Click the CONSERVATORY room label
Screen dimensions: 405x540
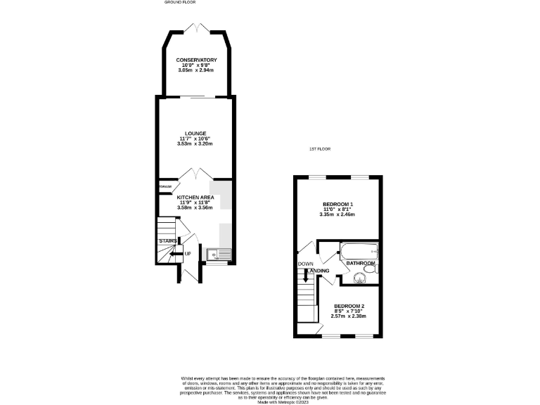tap(195, 60)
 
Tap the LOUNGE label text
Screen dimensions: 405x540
tap(195, 133)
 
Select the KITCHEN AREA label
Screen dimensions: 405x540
tap(195, 198)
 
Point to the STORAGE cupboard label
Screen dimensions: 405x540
tap(165, 187)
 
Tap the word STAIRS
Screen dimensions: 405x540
tap(168, 240)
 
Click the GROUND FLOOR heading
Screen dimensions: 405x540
tap(179, 3)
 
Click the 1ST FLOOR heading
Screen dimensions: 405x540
tap(320, 149)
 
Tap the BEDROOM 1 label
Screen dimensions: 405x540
tap(337, 204)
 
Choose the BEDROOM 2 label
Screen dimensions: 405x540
tap(348, 306)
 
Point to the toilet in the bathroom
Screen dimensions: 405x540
tap(376, 268)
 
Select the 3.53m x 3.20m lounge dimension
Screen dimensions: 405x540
tap(195, 144)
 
